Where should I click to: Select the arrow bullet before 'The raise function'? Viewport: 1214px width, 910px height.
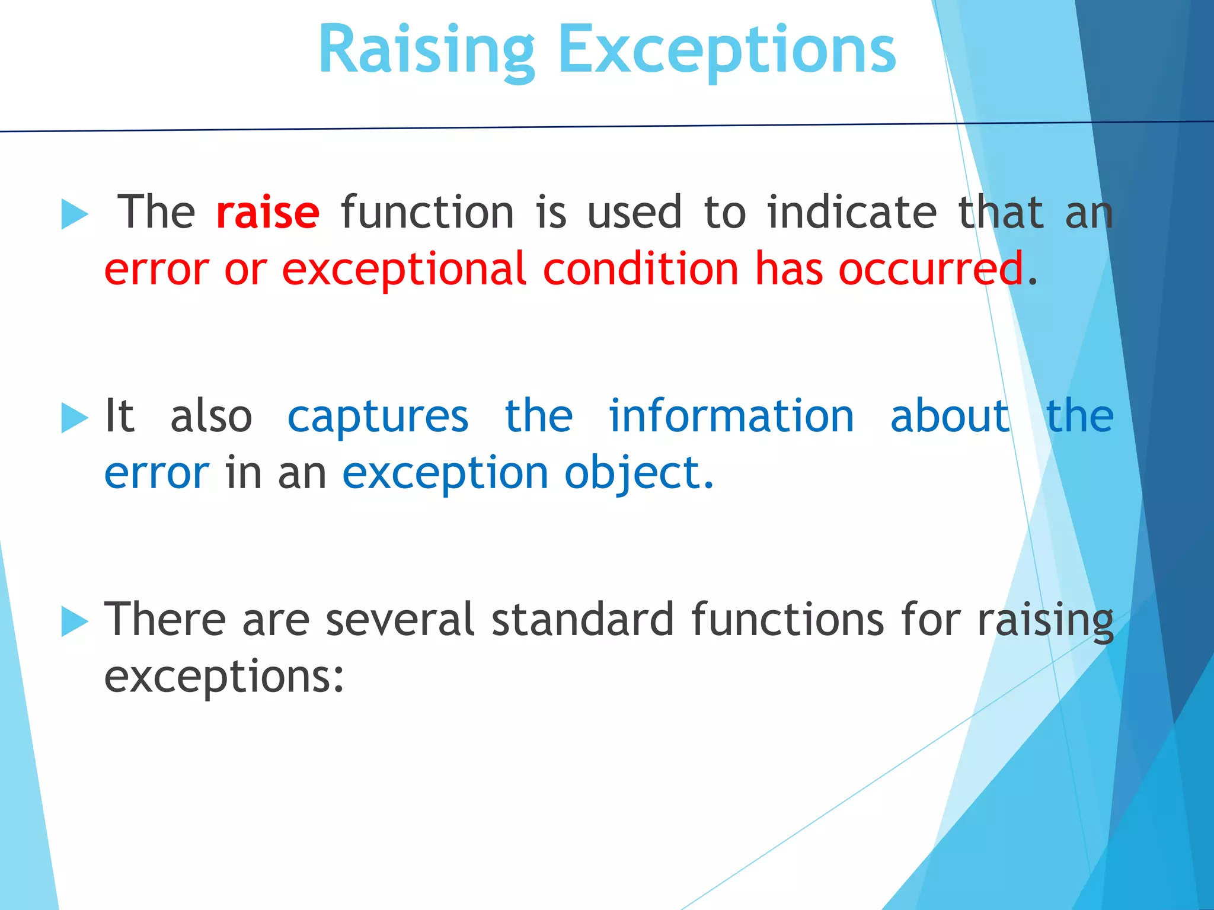75,214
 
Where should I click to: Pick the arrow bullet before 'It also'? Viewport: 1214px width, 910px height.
75,418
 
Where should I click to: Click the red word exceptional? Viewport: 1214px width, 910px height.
404,270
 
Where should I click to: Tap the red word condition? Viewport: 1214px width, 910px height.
641,270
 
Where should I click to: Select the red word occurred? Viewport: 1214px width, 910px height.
931,270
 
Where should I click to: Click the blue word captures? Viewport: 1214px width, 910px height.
378,416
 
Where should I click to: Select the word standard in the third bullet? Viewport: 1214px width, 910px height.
583,619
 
